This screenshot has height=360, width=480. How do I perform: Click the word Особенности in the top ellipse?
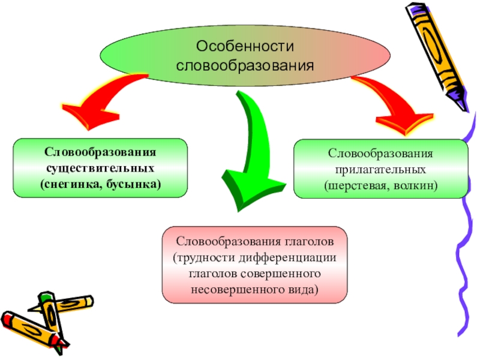[245, 46]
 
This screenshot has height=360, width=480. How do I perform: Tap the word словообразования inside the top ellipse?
[245, 62]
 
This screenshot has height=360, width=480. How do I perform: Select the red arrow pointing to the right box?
[393, 102]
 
